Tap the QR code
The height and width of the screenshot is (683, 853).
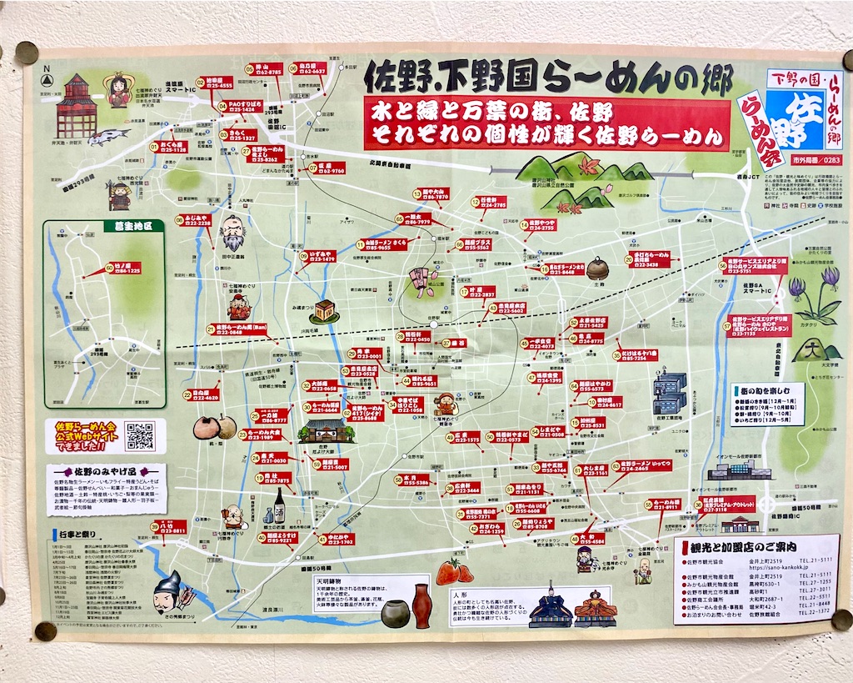click(x=139, y=436)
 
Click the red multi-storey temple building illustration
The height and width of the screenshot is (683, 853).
click(x=77, y=106)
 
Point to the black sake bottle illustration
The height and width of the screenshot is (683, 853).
click(x=280, y=505)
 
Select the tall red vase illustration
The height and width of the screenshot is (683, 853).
click(x=422, y=605)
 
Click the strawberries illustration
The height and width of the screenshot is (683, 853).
click(x=454, y=572)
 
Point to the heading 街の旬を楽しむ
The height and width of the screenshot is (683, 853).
click(x=767, y=389)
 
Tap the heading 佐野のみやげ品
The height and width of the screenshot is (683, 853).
click(x=105, y=472)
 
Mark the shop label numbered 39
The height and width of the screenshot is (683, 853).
click(x=167, y=526)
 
